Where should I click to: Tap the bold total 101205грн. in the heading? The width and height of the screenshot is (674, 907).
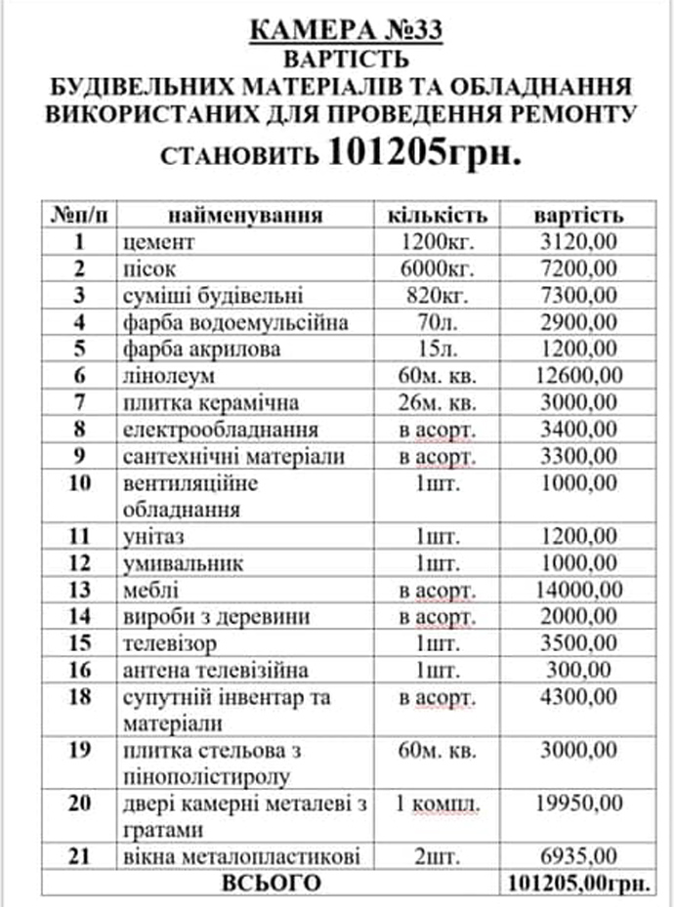(423, 152)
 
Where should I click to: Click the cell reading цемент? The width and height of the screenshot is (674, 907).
(160, 241)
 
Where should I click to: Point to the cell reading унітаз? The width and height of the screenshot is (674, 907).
(155, 536)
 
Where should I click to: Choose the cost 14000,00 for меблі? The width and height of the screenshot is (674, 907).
(579, 590)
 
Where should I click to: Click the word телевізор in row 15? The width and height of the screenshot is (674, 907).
(170, 643)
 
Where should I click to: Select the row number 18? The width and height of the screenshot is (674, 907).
(82, 697)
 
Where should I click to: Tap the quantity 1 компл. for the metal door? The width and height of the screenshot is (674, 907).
(438, 804)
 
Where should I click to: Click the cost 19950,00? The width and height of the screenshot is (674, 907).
(579, 804)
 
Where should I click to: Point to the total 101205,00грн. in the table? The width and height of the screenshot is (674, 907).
(580, 884)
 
